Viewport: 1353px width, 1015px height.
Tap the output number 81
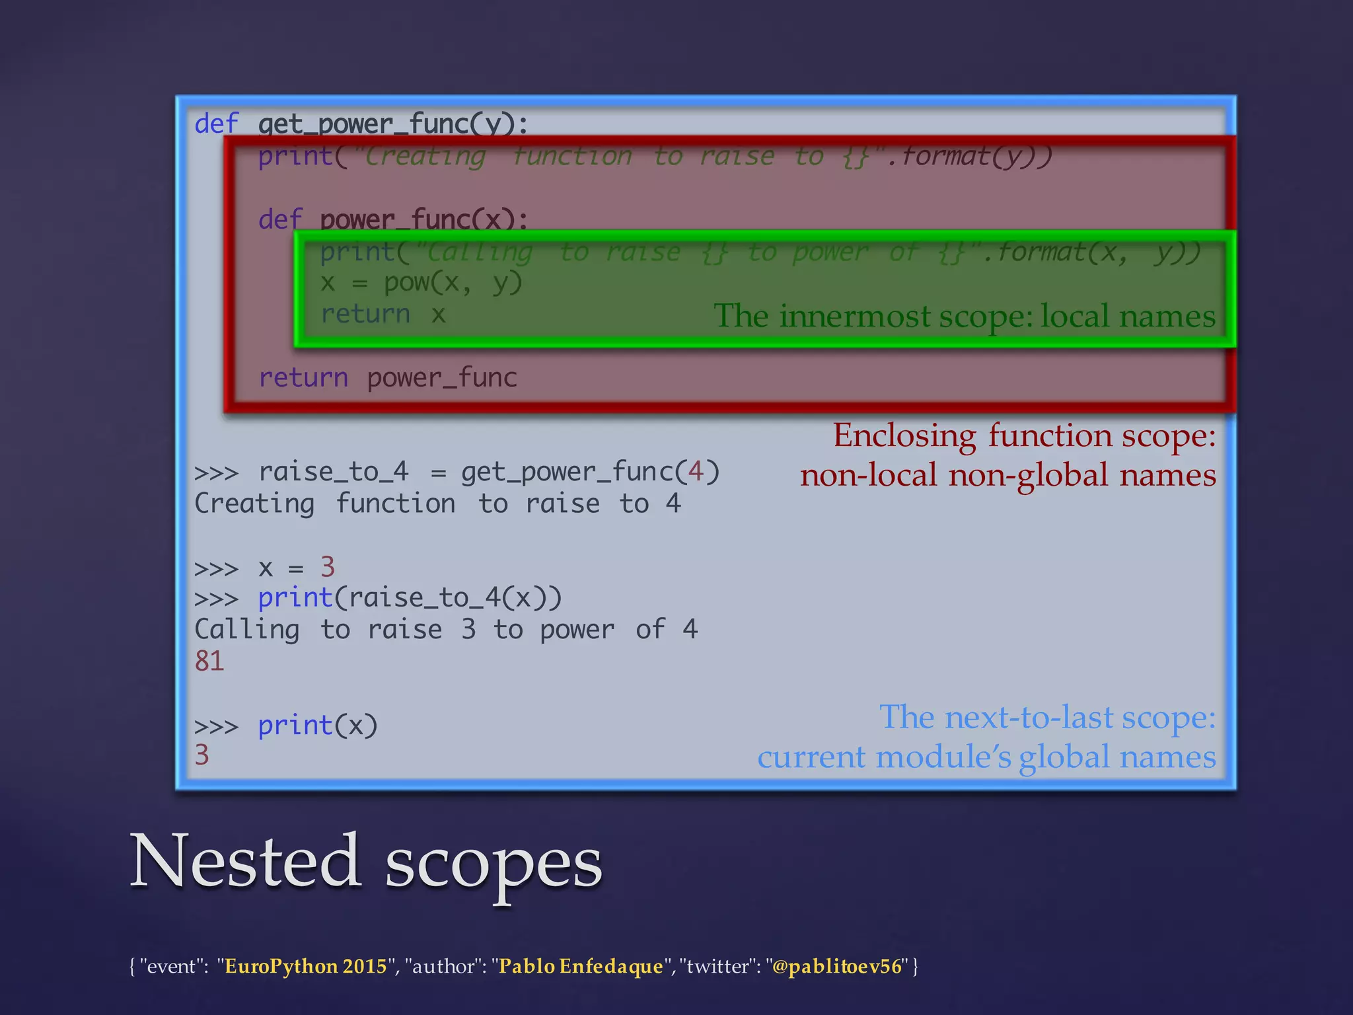(x=209, y=661)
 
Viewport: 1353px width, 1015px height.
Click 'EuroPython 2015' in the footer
(x=305, y=966)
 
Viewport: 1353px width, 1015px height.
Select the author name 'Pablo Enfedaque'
(x=580, y=966)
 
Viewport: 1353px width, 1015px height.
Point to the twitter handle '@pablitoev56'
(x=836, y=966)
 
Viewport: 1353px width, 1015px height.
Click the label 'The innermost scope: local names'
(x=964, y=316)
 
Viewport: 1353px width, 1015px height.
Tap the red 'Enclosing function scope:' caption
(x=1024, y=435)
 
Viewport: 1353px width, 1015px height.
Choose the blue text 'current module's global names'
(x=986, y=757)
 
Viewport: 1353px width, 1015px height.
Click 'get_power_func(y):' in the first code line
(x=392, y=124)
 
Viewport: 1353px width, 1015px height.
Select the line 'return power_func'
(x=387, y=378)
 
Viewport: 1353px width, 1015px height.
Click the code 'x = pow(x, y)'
(x=421, y=283)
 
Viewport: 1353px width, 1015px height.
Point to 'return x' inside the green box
(x=383, y=314)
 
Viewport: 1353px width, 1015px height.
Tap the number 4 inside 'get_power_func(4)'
(x=695, y=472)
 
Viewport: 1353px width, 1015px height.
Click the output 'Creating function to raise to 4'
(x=437, y=504)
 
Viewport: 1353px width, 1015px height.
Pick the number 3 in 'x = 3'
(x=327, y=567)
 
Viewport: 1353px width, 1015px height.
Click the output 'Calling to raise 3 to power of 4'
(x=445, y=629)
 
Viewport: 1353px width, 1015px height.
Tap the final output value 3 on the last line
(x=201, y=755)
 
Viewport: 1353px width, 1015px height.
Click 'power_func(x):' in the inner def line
(x=423, y=219)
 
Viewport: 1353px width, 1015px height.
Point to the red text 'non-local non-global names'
(x=1007, y=475)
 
